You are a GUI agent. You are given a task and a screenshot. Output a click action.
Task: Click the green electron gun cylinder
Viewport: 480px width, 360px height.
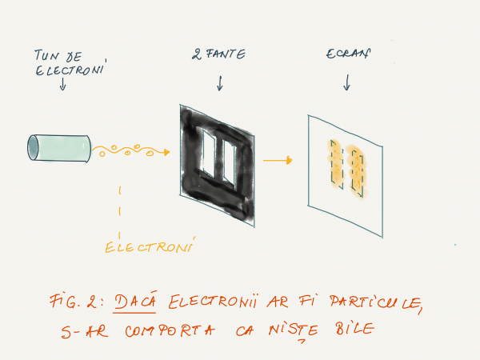[x=59, y=148]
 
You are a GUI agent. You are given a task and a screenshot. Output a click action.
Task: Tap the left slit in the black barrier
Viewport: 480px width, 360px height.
[x=210, y=154]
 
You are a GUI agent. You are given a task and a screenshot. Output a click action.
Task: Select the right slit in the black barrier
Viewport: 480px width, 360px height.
[x=230, y=163]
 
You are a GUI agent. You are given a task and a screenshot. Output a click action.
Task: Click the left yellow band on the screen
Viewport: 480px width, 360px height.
[x=336, y=164]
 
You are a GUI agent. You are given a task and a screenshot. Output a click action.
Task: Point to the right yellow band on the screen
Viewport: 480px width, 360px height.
[x=357, y=172]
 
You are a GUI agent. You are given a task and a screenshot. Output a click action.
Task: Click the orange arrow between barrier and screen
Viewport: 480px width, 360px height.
[x=278, y=160]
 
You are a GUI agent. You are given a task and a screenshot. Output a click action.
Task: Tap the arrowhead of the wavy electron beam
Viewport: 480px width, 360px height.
[x=166, y=152]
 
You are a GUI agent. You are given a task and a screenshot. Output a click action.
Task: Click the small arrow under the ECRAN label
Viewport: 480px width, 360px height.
[x=346, y=82]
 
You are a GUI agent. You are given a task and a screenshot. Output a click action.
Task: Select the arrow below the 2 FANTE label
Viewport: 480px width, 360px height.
[x=220, y=83]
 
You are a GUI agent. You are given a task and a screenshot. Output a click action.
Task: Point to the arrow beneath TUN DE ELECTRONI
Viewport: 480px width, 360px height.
[x=62, y=84]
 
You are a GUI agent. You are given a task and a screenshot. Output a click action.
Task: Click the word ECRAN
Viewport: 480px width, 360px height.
[x=348, y=54]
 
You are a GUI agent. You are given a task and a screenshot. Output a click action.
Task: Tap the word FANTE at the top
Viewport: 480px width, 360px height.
[x=226, y=54]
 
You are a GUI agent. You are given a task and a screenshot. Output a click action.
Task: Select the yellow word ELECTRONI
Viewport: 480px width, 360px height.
[x=150, y=246]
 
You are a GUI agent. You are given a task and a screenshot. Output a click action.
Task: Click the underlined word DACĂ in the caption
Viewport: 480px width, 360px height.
[x=135, y=302]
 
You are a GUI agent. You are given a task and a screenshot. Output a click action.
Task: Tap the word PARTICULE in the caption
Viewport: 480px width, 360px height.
[x=376, y=302]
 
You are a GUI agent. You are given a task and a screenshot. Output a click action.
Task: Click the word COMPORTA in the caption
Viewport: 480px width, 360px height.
[x=170, y=330]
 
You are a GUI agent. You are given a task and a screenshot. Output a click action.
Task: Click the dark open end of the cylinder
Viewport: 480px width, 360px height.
[x=33, y=147]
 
